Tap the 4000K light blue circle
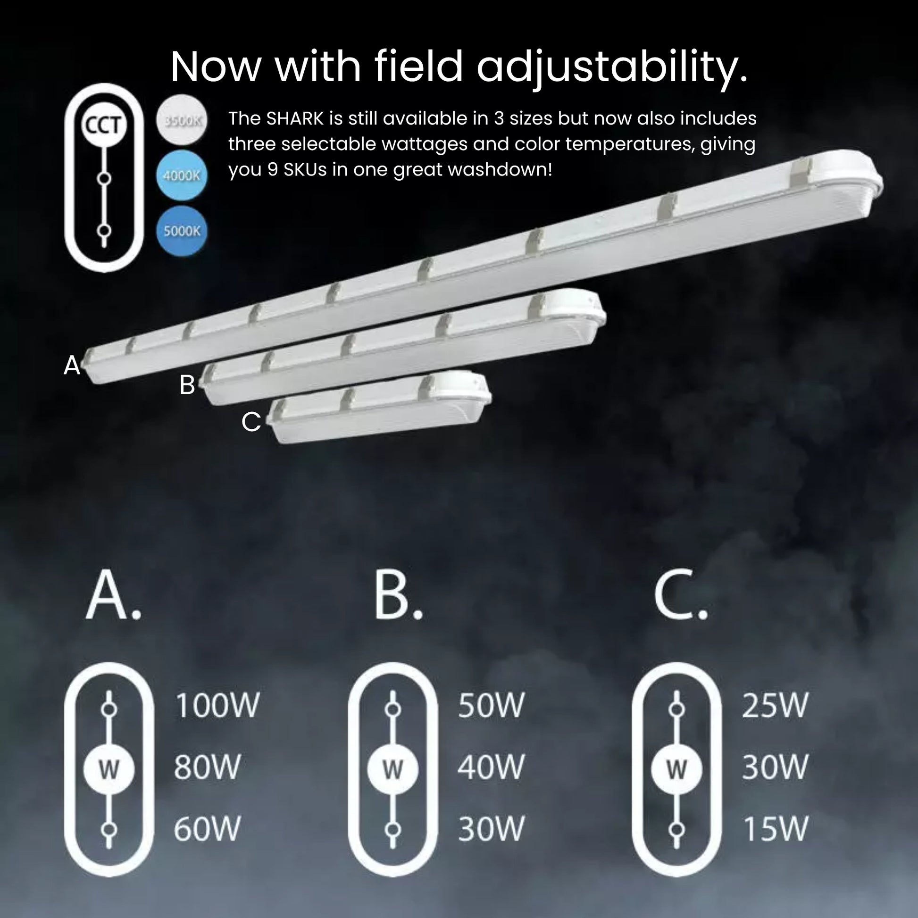[x=182, y=175]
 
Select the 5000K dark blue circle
[x=182, y=231]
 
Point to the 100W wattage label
[x=217, y=706]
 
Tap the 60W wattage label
[x=207, y=829]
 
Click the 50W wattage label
[x=491, y=706]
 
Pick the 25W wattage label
[x=775, y=706]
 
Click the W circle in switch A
[x=109, y=769]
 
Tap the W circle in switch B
[x=392, y=769]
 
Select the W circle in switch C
[x=676, y=769]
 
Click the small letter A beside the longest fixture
[x=72, y=365]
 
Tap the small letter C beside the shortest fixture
[x=251, y=421]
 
